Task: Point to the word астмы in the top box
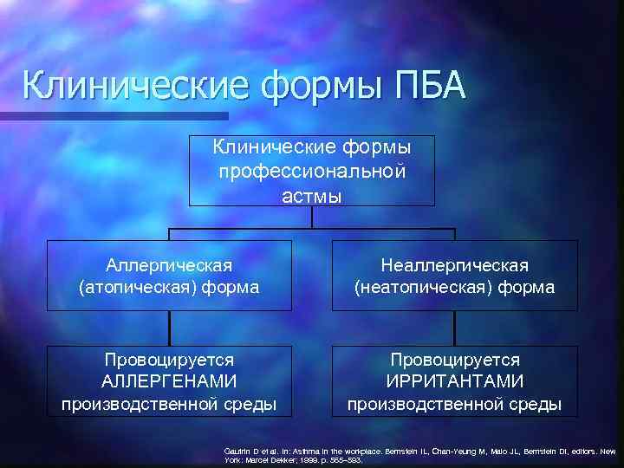(x=312, y=197)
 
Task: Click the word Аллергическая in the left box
(x=169, y=263)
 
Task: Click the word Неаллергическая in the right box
(x=455, y=263)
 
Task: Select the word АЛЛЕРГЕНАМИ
(x=169, y=381)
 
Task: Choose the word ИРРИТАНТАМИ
(x=455, y=381)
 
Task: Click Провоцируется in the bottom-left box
(x=169, y=359)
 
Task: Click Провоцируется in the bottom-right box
(x=455, y=359)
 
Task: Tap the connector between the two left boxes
(x=170, y=328)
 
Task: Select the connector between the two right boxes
(x=455, y=328)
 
